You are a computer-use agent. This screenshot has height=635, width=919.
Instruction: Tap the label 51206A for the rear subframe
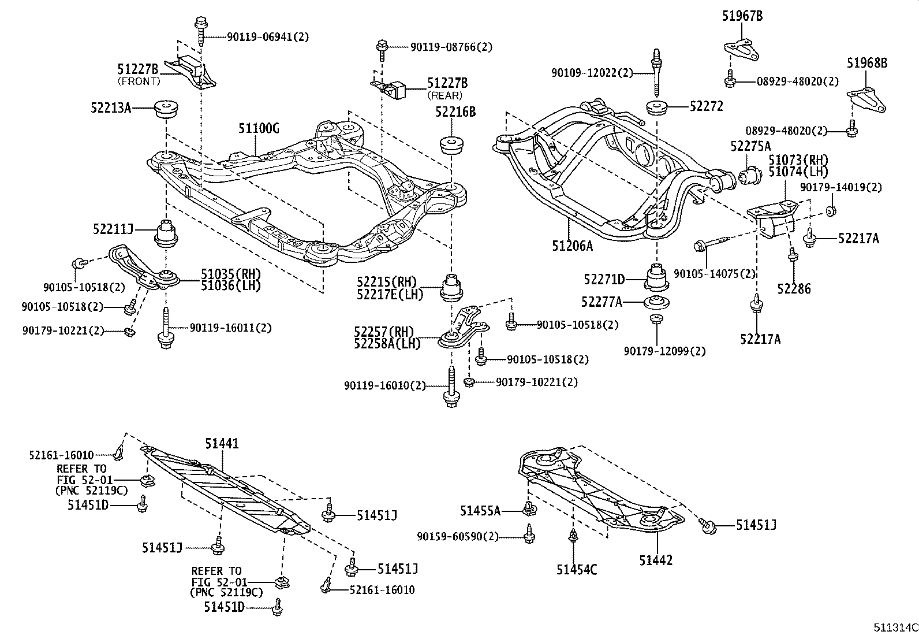point(572,246)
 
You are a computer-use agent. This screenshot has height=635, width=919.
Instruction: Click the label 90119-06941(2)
point(268,37)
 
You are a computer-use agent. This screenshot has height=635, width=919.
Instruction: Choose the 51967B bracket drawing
point(741,49)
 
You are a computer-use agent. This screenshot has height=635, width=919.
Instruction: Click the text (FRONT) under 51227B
point(139,81)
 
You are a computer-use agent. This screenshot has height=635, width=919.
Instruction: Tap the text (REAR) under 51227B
point(445,95)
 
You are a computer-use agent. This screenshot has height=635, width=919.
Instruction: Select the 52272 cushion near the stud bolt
point(657,107)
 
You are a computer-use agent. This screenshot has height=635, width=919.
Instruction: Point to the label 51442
point(656,560)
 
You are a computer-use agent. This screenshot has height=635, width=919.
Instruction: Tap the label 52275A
point(750,146)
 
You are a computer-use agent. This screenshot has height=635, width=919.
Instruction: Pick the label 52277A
point(602,302)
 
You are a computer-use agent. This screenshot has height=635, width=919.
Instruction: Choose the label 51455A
point(480,511)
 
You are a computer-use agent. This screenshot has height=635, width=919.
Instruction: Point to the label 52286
point(794,288)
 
